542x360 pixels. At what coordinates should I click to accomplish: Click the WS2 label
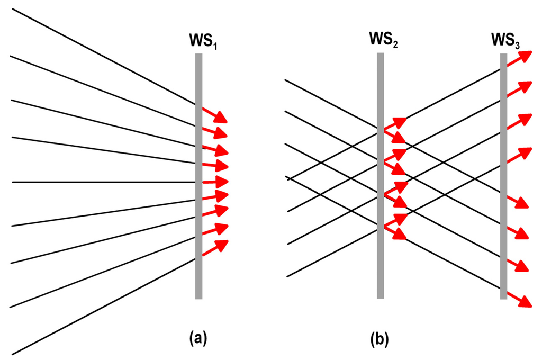coord(384,41)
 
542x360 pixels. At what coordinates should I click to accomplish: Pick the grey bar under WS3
coord(503,175)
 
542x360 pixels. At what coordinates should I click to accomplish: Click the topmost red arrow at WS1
coord(214,114)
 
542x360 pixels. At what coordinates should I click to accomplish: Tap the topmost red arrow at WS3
coord(519,58)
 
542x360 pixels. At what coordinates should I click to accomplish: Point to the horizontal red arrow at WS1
coord(214,182)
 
